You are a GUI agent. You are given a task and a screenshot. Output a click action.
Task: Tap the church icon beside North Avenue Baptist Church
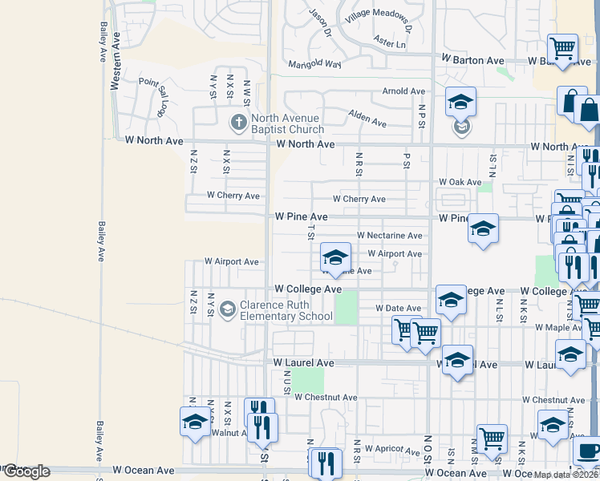(x=237, y=123)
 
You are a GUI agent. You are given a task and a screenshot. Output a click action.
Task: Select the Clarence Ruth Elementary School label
(x=287, y=310)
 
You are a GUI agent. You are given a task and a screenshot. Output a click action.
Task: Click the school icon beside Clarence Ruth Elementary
(x=228, y=309)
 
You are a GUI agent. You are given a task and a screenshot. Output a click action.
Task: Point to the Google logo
(x=26, y=471)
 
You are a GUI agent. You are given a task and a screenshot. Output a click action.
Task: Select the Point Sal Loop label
(x=155, y=95)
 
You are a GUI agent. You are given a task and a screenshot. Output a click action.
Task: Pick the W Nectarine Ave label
(x=389, y=236)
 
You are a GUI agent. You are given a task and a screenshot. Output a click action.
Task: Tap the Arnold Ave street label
(x=403, y=91)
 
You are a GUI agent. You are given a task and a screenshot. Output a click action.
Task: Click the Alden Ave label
(x=367, y=119)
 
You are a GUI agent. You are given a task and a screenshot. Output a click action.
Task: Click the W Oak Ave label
(x=460, y=183)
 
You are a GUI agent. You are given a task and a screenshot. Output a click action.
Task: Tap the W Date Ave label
(x=399, y=308)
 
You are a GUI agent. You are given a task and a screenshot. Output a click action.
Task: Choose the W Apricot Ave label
(x=392, y=449)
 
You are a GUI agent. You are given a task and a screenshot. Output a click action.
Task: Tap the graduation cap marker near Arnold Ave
(x=460, y=103)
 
